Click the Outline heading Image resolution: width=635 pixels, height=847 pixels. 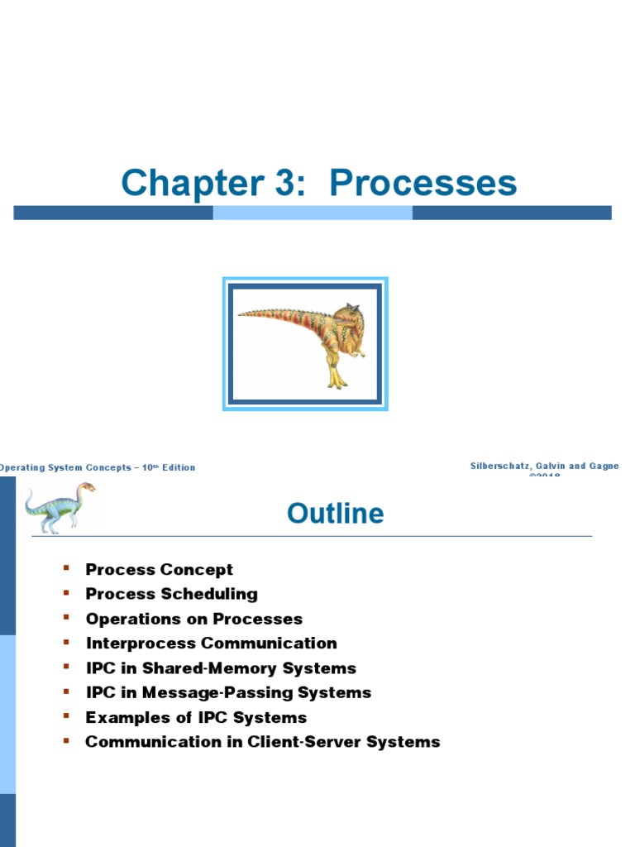(x=335, y=514)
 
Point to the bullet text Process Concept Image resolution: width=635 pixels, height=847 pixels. (x=159, y=569)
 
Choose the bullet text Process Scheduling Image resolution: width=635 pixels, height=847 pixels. (x=171, y=594)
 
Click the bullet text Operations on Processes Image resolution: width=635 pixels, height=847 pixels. (x=193, y=619)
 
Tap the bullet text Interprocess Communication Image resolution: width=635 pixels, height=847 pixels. (x=211, y=643)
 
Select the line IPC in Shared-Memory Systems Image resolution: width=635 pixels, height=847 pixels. (x=221, y=668)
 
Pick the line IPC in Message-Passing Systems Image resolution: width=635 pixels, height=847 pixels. (x=228, y=692)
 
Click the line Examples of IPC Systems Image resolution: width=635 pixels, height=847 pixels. (x=196, y=717)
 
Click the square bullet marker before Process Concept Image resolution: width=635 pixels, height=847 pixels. (x=66, y=568)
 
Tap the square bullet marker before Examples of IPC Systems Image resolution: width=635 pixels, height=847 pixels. (x=66, y=716)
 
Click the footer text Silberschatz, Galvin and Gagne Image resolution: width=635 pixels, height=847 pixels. (x=544, y=467)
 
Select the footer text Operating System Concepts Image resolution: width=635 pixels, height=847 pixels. (x=66, y=467)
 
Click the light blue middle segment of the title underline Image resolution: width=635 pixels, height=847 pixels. (x=313, y=213)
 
